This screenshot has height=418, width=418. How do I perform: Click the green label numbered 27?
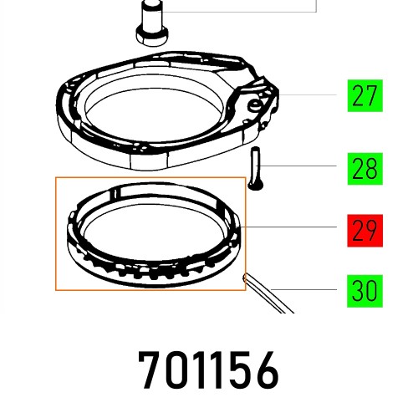coord(364,96)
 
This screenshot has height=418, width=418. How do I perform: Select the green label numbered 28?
coord(364,170)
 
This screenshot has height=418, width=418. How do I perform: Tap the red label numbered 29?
coord(364,227)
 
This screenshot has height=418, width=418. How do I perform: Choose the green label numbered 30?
coord(364,291)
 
